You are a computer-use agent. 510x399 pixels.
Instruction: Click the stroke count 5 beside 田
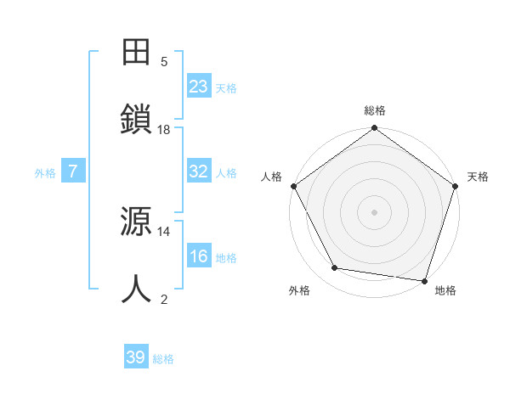(x=164, y=61)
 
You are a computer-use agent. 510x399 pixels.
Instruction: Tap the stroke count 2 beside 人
(x=164, y=299)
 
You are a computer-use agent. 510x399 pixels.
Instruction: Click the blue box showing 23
(x=199, y=87)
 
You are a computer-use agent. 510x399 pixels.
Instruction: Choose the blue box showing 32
(x=199, y=171)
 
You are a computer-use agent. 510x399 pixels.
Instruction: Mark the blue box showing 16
(x=199, y=256)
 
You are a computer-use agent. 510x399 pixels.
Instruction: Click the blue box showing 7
(x=73, y=171)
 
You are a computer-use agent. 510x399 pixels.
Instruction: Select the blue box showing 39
(x=136, y=357)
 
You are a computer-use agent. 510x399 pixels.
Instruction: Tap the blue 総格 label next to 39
(x=163, y=359)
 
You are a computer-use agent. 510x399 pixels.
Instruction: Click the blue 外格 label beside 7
(x=45, y=173)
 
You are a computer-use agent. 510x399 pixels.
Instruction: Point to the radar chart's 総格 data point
(x=374, y=129)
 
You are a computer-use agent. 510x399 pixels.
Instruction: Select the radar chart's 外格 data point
(x=335, y=268)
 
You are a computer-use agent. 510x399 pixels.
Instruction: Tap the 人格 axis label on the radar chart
(x=271, y=177)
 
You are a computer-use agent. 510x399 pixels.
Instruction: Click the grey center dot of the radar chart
(x=374, y=211)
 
